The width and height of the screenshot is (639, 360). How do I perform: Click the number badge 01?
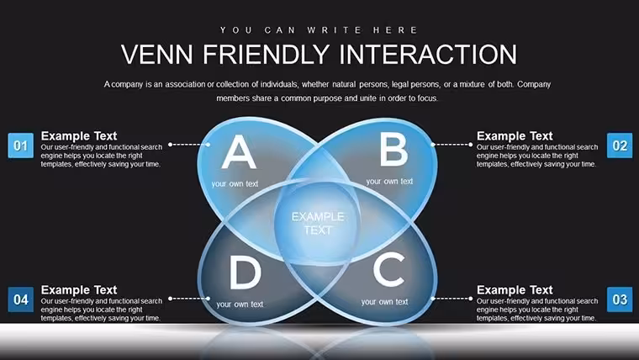pos(21,146)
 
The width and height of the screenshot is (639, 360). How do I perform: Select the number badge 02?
pos(620,146)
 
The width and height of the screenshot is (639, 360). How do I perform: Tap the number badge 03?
pos(620,299)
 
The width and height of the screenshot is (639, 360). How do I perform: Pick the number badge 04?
pos(21,299)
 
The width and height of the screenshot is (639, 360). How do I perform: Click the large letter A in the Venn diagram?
pos(239,152)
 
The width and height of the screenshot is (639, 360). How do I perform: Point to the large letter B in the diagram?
pos(393,150)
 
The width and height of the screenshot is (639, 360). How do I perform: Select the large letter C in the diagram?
pos(389,269)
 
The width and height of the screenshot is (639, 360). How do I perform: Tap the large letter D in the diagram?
pos(245,273)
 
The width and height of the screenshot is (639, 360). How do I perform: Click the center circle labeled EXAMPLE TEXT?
pos(318,224)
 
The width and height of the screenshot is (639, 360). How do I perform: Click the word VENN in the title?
pos(157,54)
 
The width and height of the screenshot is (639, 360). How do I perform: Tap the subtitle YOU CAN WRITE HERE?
pos(319,30)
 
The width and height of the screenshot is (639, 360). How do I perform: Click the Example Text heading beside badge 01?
pos(79,135)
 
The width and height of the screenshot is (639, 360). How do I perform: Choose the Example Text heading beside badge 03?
pos(515,290)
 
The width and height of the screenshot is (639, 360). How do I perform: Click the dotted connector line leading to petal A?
pos(189,145)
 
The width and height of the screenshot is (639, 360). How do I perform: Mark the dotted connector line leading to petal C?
pos(452,299)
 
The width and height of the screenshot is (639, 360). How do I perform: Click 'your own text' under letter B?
pos(389,182)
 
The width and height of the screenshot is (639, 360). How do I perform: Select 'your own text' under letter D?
pos(240,304)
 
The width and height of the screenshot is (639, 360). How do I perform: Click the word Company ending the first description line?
pos(534,85)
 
